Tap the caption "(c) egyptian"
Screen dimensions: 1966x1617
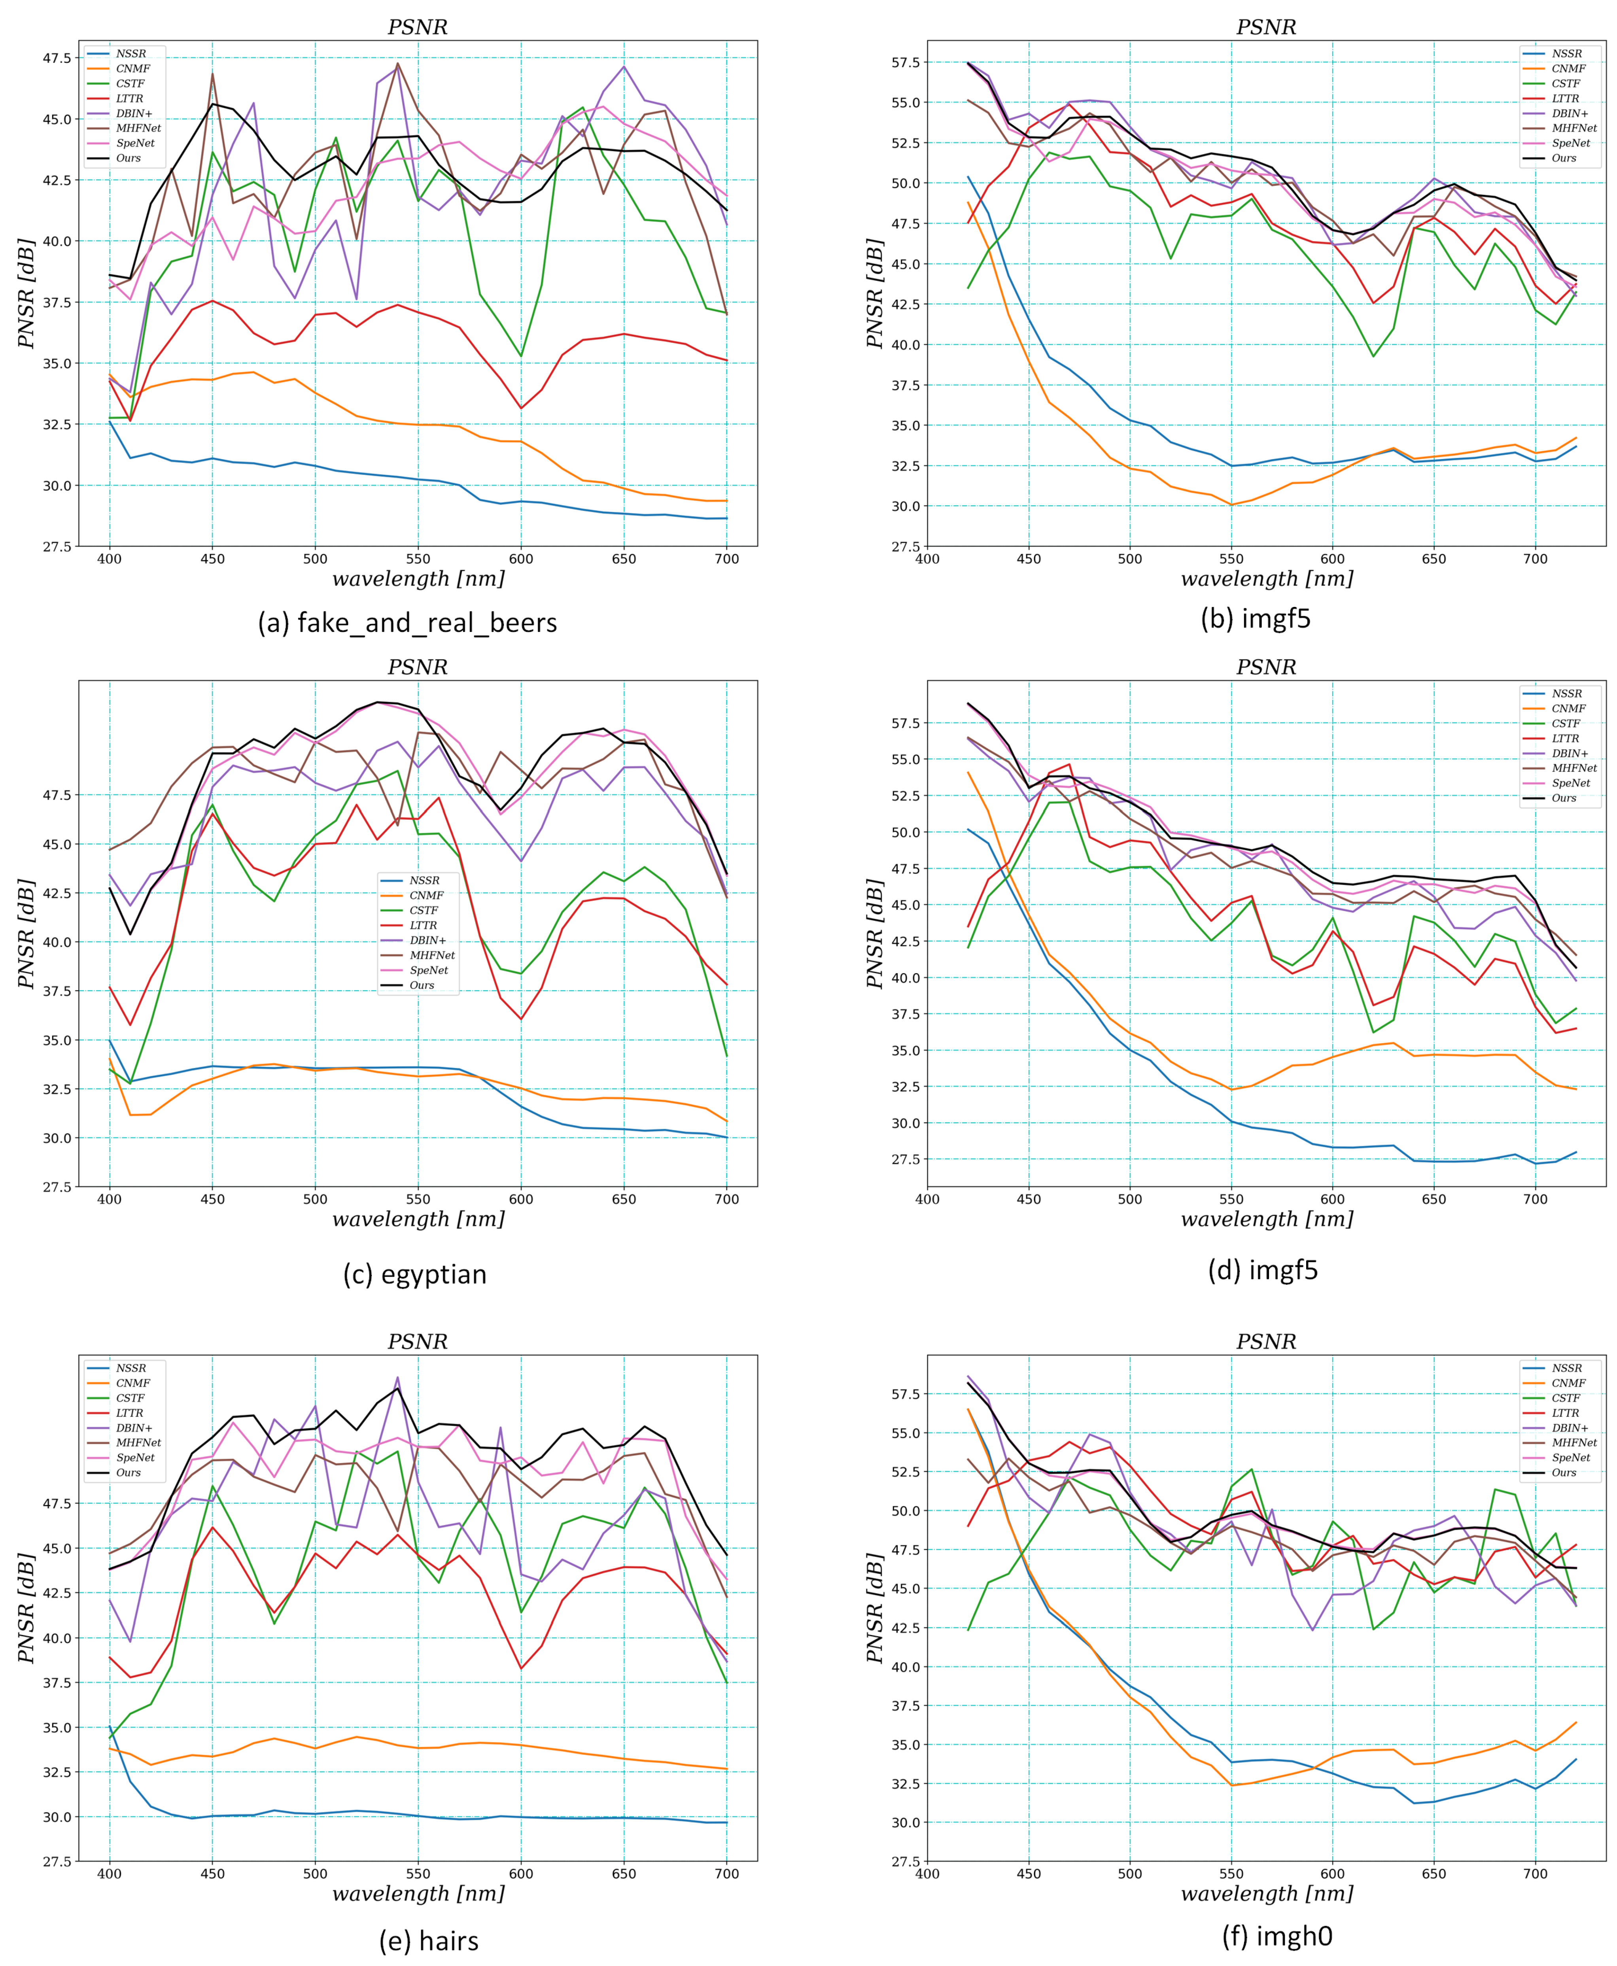(x=414, y=1274)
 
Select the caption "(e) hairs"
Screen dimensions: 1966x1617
(x=428, y=1941)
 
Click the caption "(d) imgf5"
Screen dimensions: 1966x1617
(x=1263, y=1270)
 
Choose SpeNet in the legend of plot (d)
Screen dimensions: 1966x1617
(x=1570, y=783)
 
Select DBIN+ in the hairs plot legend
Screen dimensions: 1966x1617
(x=134, y=1428)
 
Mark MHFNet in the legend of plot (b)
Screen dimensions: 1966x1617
(x=1574, y=129)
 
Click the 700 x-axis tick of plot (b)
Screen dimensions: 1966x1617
(x=1535, y=559)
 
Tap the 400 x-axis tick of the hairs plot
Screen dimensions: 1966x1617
(x=110, y=1874)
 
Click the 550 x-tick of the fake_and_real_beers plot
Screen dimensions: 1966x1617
(x=418, y=559)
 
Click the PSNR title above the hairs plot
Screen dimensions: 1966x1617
(x=417, y=1342)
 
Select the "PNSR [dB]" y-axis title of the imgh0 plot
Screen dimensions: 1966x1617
(x=874, y=1609)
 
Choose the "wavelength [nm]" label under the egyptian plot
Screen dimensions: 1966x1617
(x=418, y=1219)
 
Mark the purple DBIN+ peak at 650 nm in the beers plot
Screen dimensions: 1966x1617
(x=624, y=66)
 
